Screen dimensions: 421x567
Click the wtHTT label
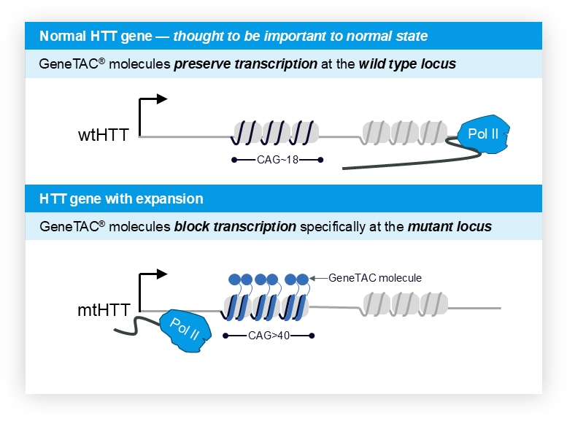103,136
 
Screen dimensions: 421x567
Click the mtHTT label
102,310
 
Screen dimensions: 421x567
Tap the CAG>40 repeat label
268,336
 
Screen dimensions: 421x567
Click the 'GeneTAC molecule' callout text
375,278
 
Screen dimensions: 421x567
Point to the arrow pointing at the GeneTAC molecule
318,278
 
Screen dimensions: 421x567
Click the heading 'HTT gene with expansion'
121,198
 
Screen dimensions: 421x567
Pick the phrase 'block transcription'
235,226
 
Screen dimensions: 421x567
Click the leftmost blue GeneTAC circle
235,279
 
